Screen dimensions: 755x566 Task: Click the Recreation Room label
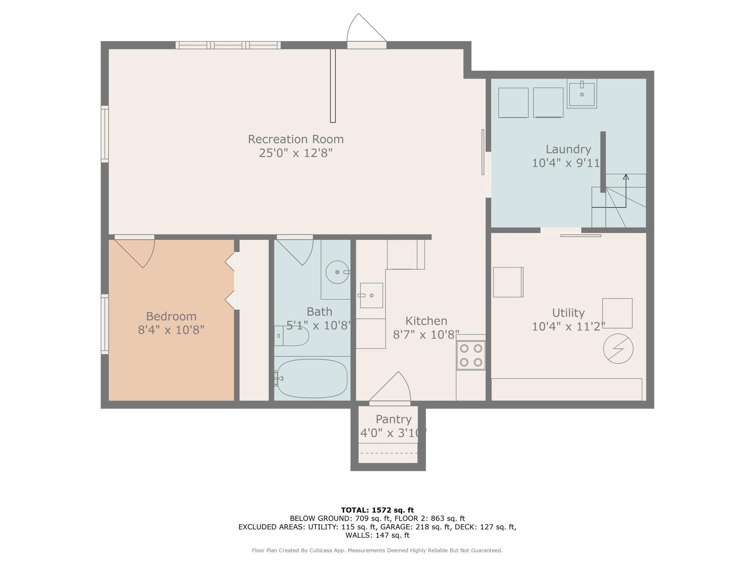[x=295, y=139]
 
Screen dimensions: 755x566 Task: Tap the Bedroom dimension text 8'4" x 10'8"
[x=171, y=330]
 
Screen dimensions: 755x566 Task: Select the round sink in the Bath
[x=337, y=272]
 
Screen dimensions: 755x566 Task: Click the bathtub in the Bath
[x=312, y=378]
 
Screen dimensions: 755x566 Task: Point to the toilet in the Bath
[x=291, y=336]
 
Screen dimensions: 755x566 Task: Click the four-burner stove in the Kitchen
[x=471, y=355]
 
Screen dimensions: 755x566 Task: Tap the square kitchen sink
[x=371, y=295]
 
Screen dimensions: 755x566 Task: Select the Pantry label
[x=393, y=419]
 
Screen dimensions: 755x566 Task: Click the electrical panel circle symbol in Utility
[x=618, y=349]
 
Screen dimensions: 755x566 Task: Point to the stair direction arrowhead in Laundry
[x=626, y=177]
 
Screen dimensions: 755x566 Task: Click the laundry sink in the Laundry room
[x=582, y=94]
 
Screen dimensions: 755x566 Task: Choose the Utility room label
[x=568, y=313]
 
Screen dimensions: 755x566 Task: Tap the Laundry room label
[x=568, y=149]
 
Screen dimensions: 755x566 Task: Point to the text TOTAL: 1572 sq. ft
[x=377, y=510]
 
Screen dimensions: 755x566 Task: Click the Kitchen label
[x=426, y=321]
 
